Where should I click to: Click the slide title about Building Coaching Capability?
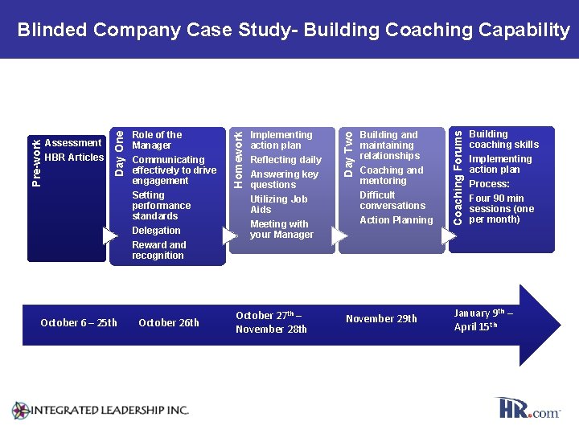pos(294,31)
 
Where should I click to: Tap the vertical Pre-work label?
pos(36,161)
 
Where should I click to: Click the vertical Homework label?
pos(238,149)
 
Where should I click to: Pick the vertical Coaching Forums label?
pos(458,170)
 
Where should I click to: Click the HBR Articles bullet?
pos(74,158)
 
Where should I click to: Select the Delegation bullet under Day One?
pos(156,231)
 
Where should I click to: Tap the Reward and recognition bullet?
pos(158,250)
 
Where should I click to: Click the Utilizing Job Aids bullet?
pos(278,204)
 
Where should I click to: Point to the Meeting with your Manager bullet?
pos(281,229)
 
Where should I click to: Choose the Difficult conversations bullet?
pos(392,200)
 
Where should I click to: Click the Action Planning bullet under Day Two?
pos(396,220)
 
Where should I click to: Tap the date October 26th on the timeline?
pos(169,323)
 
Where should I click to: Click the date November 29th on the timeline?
pos(381,319)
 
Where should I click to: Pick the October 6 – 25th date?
pos(79,323)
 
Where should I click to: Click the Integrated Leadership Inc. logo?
pos(101,410)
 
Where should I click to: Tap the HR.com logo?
pos(528,408)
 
